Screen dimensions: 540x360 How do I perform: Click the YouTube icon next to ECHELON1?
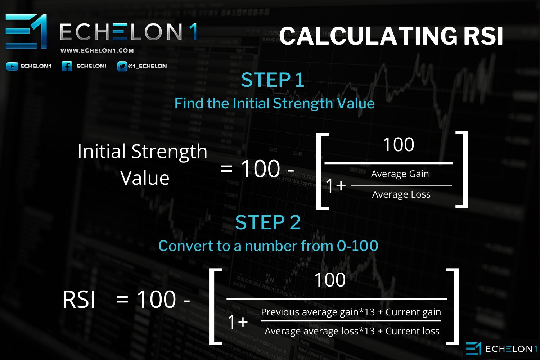(x=12, y=66)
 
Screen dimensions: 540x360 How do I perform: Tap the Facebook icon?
(x=67, y=66)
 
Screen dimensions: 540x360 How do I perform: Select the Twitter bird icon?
(x=122, y=66)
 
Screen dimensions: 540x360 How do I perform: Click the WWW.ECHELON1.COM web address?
(x=97, y=51)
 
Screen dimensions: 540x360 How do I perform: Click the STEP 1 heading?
(x=273, y=80)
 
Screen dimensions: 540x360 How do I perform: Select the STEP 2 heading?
(x=268, y=222)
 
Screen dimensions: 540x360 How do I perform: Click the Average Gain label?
(x=400, y=174)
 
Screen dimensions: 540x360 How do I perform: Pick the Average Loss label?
(x=401, y=194)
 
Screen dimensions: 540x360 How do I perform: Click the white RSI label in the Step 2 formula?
(x=79, y=300)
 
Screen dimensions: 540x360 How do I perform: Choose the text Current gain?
(x=413, y=312)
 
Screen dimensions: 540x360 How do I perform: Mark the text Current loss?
(x=413, y=331)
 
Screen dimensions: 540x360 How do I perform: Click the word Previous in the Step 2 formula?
(x=280, y=312)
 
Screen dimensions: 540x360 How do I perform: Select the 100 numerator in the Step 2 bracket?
(x=330, y=280)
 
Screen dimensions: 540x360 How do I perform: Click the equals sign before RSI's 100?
(x=122, y=300)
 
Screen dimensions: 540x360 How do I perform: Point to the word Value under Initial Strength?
(x=145, y=178)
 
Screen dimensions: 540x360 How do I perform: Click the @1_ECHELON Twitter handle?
(x=147, y=66)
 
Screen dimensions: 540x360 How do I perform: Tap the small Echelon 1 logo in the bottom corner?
(x=501, y=349)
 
